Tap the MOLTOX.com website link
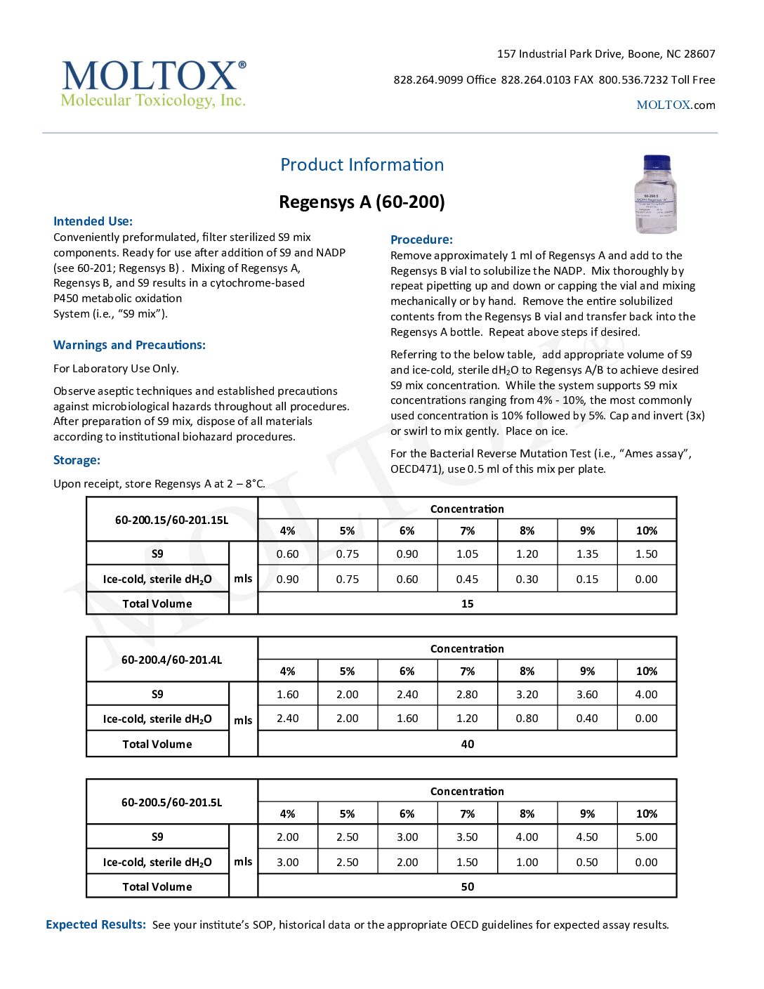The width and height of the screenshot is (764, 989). pyautogui.click(x=676, y=105)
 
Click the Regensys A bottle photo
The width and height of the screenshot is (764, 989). pyautogui.click(x=656, y=195)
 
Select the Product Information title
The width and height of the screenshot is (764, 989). pyautogui.click(x=362, y=164)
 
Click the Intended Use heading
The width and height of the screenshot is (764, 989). pyautogui.click(x=93, y=221)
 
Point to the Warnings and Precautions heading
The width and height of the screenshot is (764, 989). pyautogui.click(x=129, y=345)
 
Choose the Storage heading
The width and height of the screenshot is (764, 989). pyautogui.click(x=77, y=460)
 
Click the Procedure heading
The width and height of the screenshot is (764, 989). pyautogui.click(x=421, y=240)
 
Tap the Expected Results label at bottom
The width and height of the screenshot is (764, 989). pyautogui.click(x=95, y=924)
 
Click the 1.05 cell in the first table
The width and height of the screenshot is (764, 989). pyautogui.click(x=467, y=554)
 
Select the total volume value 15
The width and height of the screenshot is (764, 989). pyautogui.click(x=467, y=603)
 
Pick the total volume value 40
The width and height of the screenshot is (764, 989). pyautogui.click(x=467, y=744)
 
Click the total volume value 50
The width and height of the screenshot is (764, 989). pyautogui.click(x=467, y=886)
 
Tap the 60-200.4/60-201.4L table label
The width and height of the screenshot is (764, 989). pyautogui.click(x=171, y=660)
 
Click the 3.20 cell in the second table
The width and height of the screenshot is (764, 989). pyautogui.click(x=527, y=694)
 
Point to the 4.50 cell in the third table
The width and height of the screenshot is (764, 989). pyautogui.click(x=587, y=837)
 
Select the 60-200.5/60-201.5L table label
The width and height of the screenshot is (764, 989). pyautogui.click(x=171, y=802)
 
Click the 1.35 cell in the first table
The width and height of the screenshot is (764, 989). pyautogui.click(x=587, y=554)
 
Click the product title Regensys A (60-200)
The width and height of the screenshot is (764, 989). pyautogui.click(x=362, y=202)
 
